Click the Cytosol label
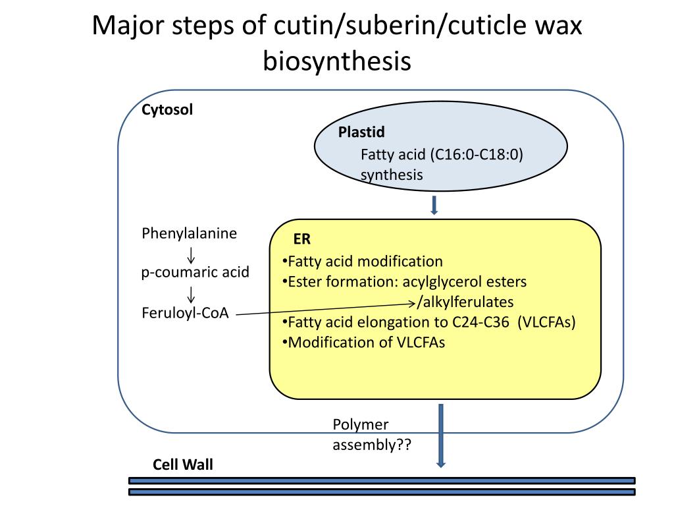167,110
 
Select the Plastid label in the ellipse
361,132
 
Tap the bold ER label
301,239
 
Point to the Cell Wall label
183,464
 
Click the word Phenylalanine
189,233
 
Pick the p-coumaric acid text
195,272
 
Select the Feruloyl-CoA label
185,313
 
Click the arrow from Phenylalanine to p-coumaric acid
191,255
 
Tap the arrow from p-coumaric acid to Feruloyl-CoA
191,295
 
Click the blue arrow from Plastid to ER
434,206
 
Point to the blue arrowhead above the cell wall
440,464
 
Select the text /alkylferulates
465,302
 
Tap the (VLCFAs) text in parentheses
546,322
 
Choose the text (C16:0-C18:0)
477,154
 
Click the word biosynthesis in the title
337,61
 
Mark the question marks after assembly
403,444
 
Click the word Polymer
360,425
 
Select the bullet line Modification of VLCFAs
363,343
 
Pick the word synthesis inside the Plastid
392,175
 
